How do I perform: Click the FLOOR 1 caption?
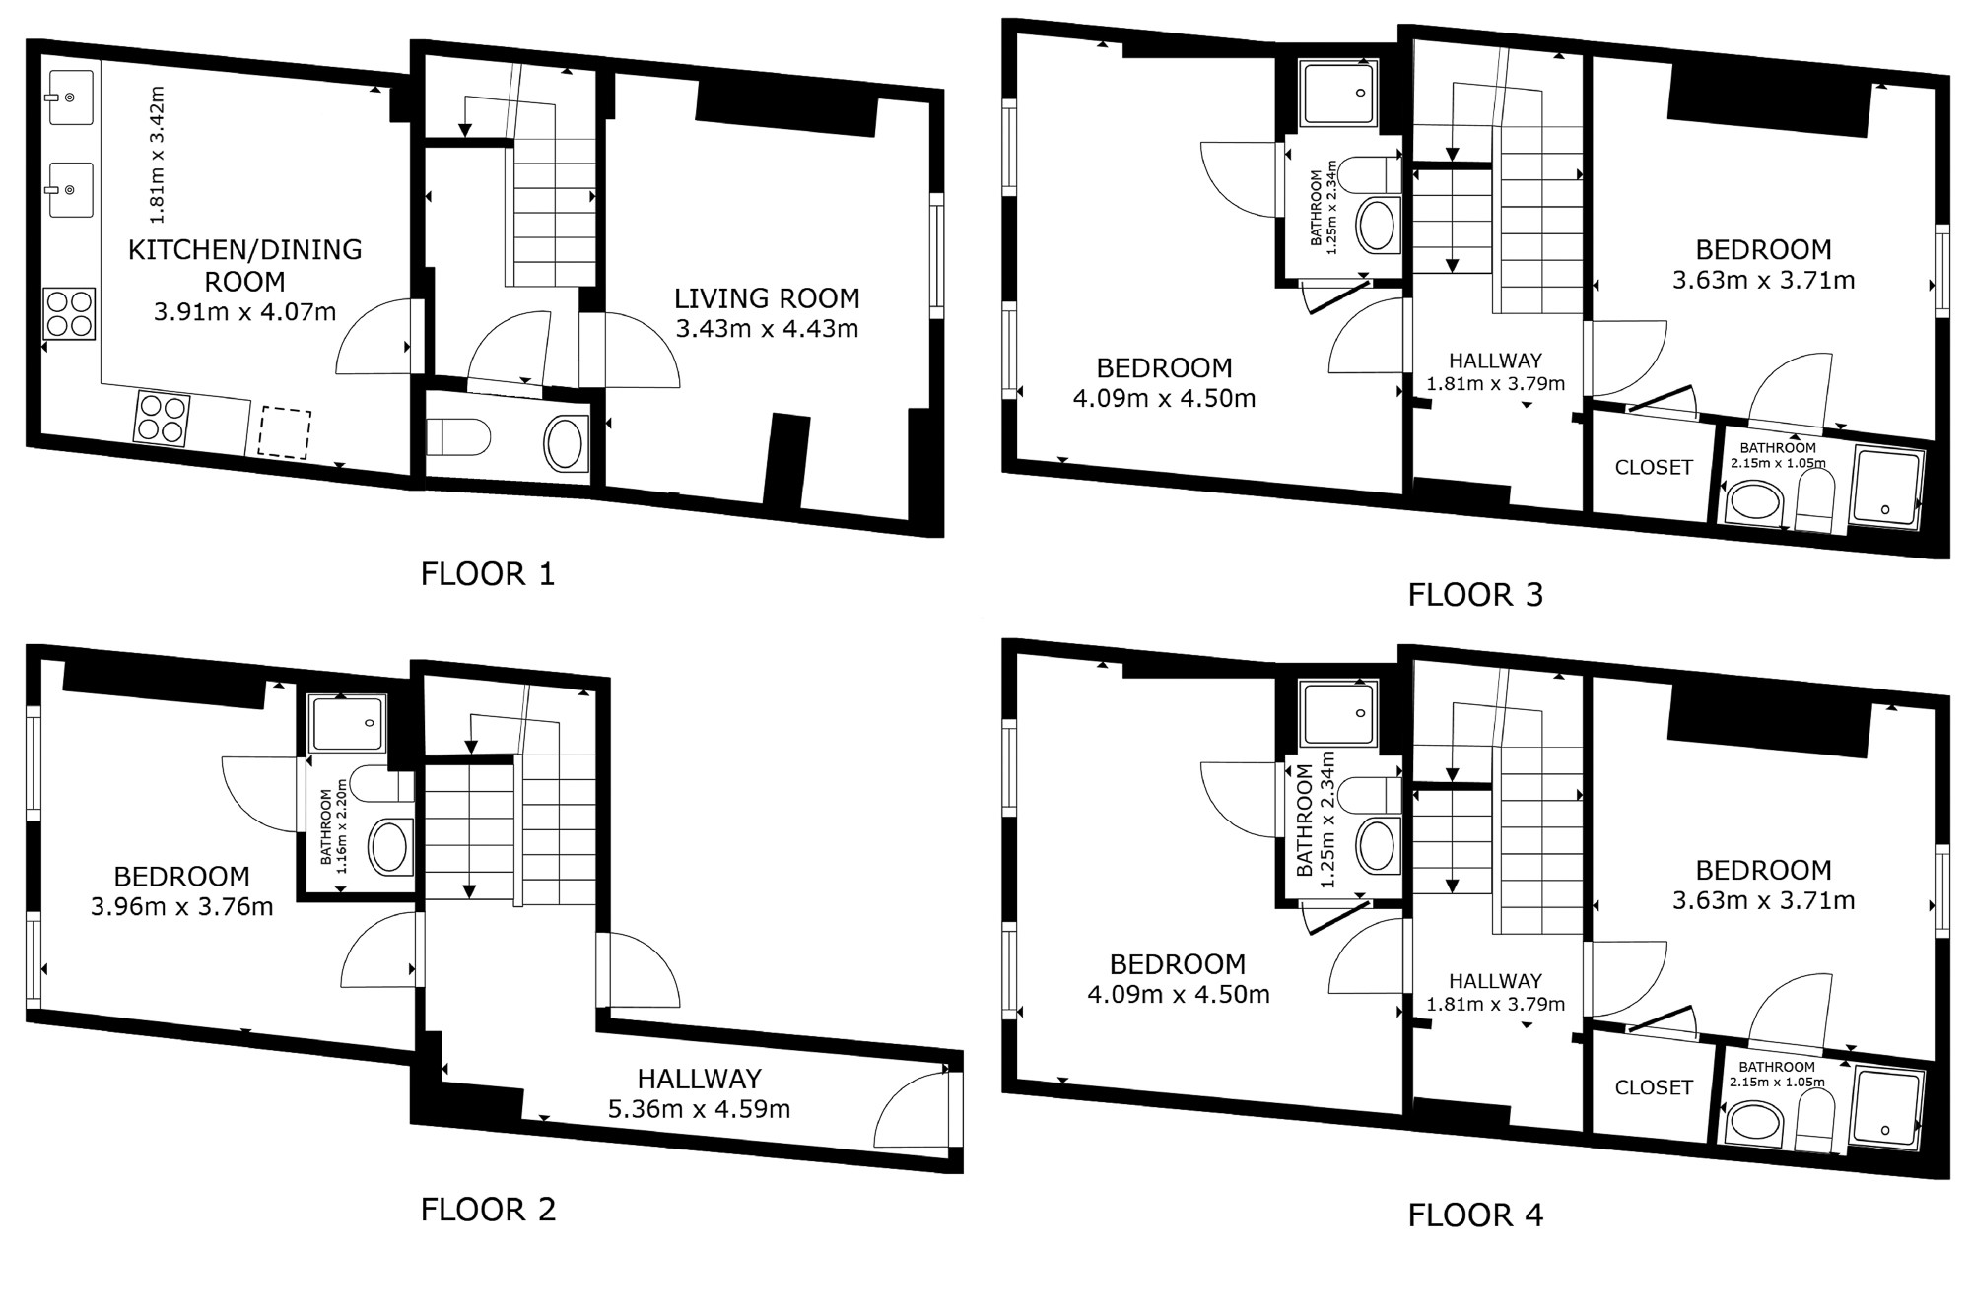click(488, 573)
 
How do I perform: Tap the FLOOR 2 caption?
click(488, 1210)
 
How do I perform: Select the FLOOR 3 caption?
click(1475, 594)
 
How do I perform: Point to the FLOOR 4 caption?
click(1475, 1215)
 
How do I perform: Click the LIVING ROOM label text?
click(767, 298)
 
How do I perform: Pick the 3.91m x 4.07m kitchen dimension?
click(244, 312)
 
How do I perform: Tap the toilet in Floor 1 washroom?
click(458, 437)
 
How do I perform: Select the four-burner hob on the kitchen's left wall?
click(69, 313)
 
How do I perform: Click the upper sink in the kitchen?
click(69, 97)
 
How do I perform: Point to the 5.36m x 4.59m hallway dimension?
click(699, 1109)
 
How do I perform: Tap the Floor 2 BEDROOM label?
click(181, 876)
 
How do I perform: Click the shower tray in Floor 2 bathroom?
click(346, 724)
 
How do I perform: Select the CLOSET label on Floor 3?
click(1654, 467)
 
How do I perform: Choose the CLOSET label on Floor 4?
click(1654, 1087)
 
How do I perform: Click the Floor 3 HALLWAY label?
click(1495, 361)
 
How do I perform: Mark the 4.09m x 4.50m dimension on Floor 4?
click(1178, 994)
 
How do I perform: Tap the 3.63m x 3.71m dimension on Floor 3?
click(1763, 280)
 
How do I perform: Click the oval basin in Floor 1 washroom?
click(565, 443)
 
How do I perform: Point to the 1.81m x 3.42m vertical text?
click(156, 155)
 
